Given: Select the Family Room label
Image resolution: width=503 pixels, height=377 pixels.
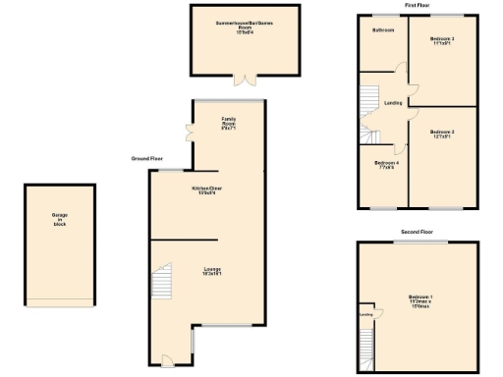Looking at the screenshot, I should (228, 124).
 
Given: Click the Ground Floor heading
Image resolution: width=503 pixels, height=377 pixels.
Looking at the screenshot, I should (147, 158).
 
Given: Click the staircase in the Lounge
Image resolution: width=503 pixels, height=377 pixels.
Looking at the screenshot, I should (162, 286).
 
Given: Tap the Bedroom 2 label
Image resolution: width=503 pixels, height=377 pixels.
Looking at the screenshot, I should (442, 41).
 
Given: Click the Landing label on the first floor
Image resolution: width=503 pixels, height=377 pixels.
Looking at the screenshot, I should (393, 102).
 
